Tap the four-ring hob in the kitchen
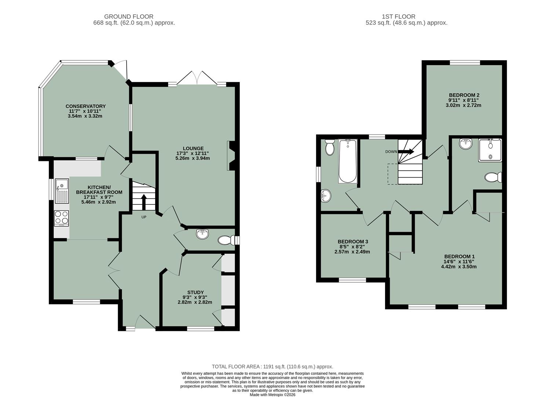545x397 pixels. pos(61,218)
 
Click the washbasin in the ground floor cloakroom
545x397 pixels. pos(203,233)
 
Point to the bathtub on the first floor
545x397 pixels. pos(348,161)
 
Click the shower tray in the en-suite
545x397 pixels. pos(490,150)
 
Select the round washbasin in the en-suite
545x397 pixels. pos(466,143)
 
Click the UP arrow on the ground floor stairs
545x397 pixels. pos(143,201)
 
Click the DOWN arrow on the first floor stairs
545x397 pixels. pos(406,151)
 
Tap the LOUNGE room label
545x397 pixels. pos(193,149)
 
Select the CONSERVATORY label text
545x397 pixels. pos(86,106)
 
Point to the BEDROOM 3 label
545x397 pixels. pos(353,242)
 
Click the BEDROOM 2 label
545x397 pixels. pos(464,94)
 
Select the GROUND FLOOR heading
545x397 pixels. pos(128,17)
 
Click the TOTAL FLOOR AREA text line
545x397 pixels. pos(272,366)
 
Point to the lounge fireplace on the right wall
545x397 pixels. pos(231,156)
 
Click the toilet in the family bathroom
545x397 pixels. pos(330,147)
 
